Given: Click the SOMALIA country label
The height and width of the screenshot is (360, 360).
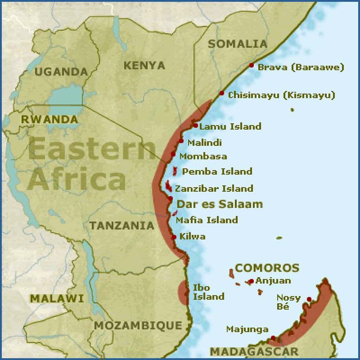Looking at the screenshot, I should pyautogui.click(x=238, y=44).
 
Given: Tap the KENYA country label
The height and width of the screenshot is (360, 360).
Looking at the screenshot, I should pyautogui.click(x=144, y=65).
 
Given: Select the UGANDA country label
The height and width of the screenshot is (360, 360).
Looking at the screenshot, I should pyautogui.click(x=61, y=71).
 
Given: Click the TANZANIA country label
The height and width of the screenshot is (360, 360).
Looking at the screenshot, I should pyautogui.click(x=122, y=225).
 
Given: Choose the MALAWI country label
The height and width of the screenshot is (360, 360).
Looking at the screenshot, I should pyautogui.click(x=50, y=298).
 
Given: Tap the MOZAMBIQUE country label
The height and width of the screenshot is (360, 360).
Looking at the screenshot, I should pyautogui.click(x=138, y=325).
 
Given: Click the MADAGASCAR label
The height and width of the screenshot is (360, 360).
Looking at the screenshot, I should pyautogui.click(x=254, y=351).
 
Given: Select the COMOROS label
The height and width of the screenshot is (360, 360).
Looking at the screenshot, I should pyautogui.click(x=267, y=268).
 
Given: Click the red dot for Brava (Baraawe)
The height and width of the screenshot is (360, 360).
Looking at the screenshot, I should pyautogui.click(x=251, y=65).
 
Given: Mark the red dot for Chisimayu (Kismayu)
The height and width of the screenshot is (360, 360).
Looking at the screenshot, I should pyautogui.click(x=222, y=93).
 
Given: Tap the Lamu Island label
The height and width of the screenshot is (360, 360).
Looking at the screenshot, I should pyautogui.click(x=230, y=127).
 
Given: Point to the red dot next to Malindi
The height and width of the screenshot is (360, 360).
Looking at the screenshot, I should pyautogui.click(x=181, y=141).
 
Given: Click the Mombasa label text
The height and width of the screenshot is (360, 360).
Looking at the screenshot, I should pyautogui.click(x=203, y=157).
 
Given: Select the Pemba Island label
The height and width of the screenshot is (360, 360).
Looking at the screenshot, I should pyautogui.click(x=217, y=172).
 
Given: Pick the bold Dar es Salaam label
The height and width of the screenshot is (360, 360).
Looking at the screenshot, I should pyautogui.click(x=220, y=204).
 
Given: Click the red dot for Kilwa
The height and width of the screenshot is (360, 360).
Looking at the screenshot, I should pyautogui.click(x=174, y=237).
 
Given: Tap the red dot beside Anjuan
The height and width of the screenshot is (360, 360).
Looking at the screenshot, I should pyautogui.click(x=251, y=281).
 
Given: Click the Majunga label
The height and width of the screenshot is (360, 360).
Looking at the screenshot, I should pyautogui.click(x=247, y=329).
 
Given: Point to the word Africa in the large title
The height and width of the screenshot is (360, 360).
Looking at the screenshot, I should pyautogui.click(x=76, y=179).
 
